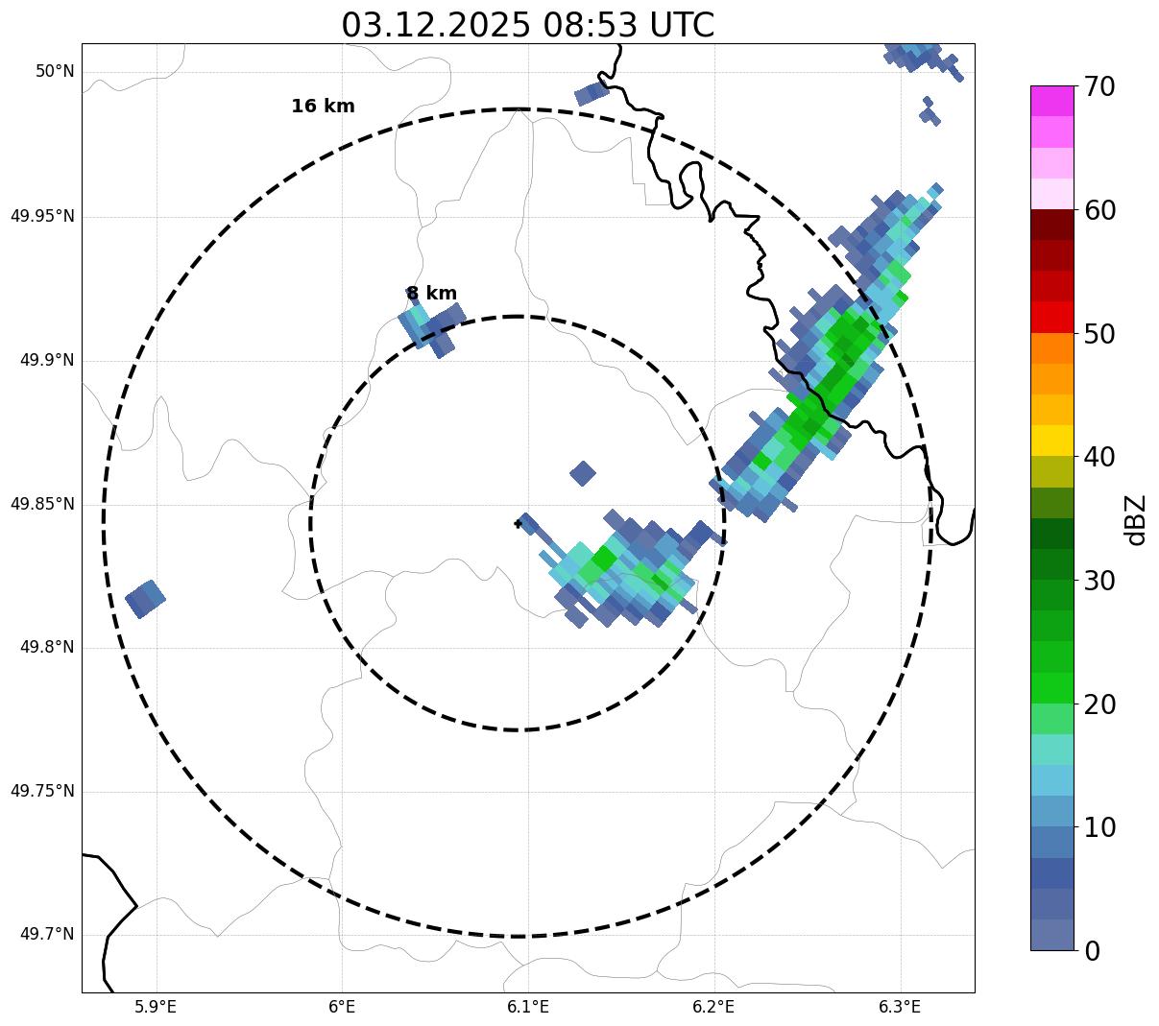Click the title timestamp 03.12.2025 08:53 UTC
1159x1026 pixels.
[x=527, y=25]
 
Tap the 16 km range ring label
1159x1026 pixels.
[x=323, y=107]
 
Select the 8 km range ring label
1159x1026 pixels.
[x=431, y=294]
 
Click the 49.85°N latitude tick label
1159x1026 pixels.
[x=42, y=504]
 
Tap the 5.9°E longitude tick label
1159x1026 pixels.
[x=156, y=1007]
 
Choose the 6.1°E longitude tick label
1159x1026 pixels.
[x=527, y=1007]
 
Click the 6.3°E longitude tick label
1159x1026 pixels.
[x=899, y=1007]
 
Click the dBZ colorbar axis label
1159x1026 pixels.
[x=1137, y=519]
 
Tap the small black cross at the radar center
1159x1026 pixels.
[x=518, y=523]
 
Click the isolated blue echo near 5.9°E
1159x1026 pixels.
[x=145, y=599]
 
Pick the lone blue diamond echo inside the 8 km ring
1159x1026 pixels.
[x=582, y=473]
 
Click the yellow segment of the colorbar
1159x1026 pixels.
[x=1051, y=441]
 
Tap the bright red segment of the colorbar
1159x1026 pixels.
[x=1051, y=317]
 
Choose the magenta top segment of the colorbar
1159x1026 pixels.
[x=1051, y=101]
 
